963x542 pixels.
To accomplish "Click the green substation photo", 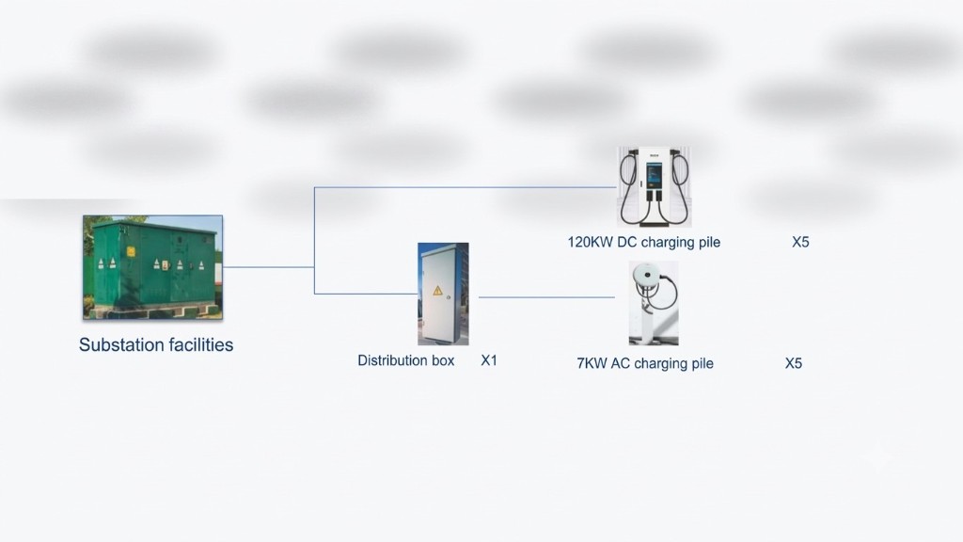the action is click(x=153, y=267).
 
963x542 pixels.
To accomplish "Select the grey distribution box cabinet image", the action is click(x=443, y=294).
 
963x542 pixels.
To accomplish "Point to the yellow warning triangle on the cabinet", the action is click(x=437, y=291).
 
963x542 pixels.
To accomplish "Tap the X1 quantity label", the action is click(x=489, y=360).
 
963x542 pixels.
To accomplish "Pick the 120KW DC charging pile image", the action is click(x=655, y=187).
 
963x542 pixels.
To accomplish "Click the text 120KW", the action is click(x=590, y=242).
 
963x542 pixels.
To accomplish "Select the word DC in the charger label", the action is click(x=627, y=242).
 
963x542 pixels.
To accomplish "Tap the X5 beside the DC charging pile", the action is click(x=800, y=242).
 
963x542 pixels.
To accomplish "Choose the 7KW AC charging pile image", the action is click(x=654, y=303).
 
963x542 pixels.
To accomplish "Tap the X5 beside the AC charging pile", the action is click(x=794, y=363).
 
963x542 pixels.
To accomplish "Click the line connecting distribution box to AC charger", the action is click(x=546, y=297).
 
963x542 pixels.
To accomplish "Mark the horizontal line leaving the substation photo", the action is click(x=268, y=267).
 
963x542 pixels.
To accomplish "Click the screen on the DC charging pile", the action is click(x=655, y=175).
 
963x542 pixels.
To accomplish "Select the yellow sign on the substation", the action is click(x=131, y=250).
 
